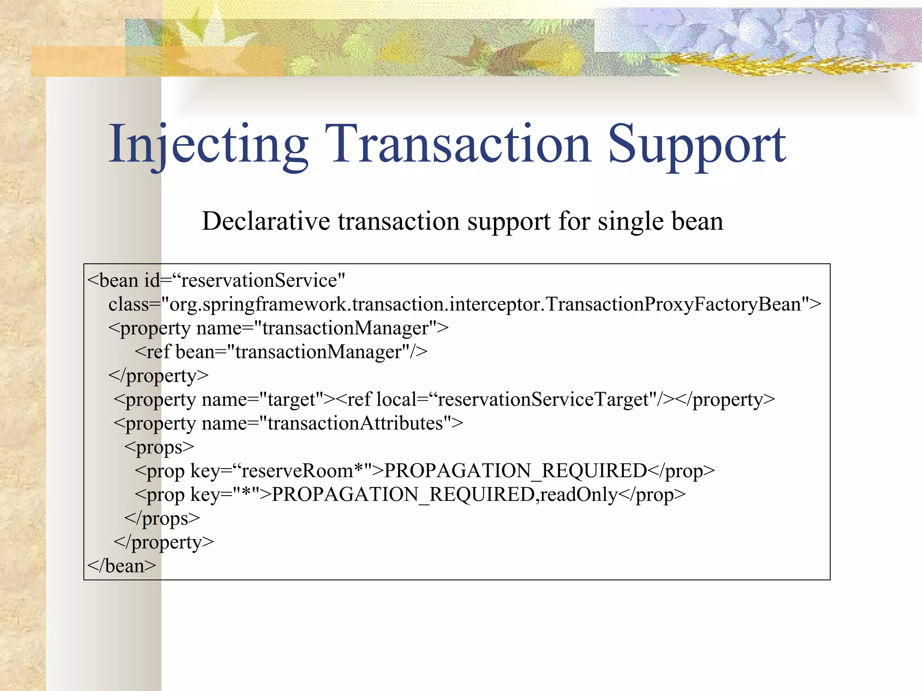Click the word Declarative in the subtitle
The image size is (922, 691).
click(x=266, y=221)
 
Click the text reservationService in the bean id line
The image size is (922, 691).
click(x=259, y=281)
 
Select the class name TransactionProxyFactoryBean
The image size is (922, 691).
click(x=673, y=305)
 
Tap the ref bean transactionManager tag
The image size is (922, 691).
click(x=281, y=352)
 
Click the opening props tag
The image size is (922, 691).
click(x=159, y=447)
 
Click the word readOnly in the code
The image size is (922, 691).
click(x=579, y=495)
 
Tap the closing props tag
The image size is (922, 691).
click(x=162, y=519)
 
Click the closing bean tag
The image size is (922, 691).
click(x=122, y=566)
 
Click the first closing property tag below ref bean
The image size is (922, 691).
click(x=158, y=376)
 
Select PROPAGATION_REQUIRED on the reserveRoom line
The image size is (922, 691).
click(x=515, y=471)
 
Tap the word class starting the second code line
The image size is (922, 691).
click(x=129, y=305)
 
